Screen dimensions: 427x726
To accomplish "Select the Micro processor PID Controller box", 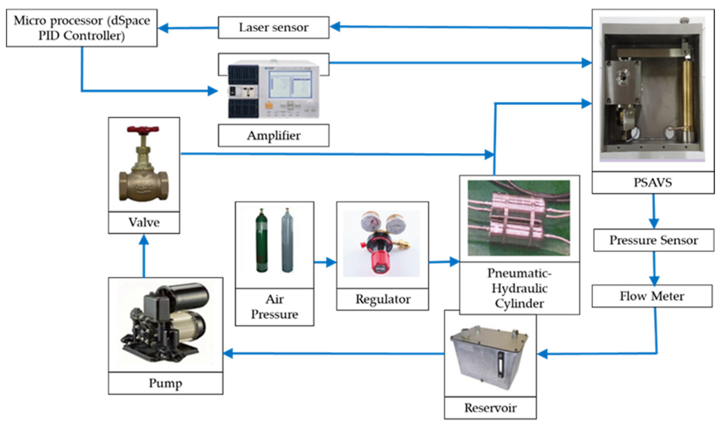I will pos(82,28).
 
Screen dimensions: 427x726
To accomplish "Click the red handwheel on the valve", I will pos(143,129).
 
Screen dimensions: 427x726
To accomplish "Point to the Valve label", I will pos(144,222).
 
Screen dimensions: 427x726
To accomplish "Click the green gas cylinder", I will pos(262,240).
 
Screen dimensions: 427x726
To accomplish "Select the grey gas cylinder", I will pos(287,240).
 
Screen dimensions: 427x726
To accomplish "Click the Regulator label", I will pos(383,299).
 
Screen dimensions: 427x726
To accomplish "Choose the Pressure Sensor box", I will pos(653,240).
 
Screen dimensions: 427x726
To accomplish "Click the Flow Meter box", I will pos(652,296).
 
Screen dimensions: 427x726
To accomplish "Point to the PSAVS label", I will pos(653,182).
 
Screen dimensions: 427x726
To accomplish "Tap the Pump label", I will pos(165,383).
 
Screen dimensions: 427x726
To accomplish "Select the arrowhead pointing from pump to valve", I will pos(144,240).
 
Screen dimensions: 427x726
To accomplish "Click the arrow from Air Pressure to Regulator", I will pos(326,262).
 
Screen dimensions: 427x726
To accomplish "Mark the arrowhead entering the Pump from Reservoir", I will pos(228,353).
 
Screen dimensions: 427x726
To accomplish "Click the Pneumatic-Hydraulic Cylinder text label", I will pos(519,288).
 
